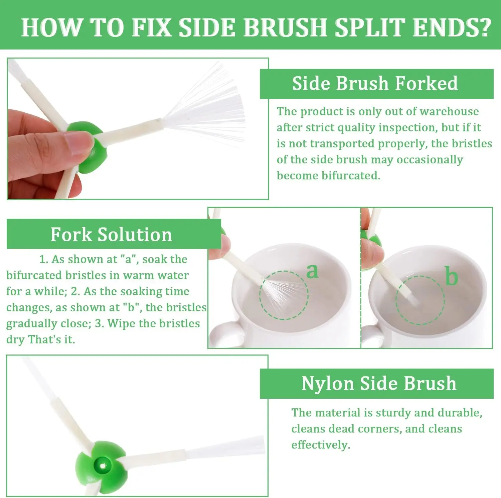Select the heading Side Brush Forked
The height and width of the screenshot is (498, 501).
[375, 83]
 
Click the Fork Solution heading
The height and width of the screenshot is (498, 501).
[111, 234]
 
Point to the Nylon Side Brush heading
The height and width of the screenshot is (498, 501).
[379, 383]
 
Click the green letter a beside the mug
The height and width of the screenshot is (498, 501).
[312, 271]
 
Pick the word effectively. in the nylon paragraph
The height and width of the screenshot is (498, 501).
[321, 445]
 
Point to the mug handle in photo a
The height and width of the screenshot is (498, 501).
[227, 334]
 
